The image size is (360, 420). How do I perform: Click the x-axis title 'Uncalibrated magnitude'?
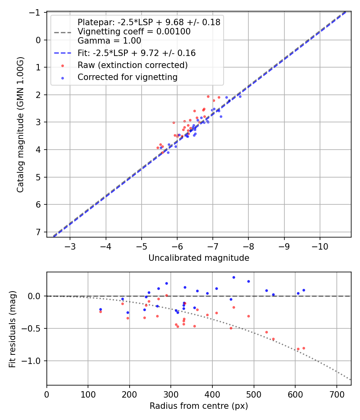pyautogui.click(x=199, y=258)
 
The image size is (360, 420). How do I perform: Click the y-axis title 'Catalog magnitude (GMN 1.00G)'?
pyautogui.click(x=20, y=125)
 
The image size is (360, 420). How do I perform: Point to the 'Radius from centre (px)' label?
pyautogui.click(x=199, y=406)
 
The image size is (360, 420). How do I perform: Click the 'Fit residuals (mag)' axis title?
pyautogui.click(x=12, y=328)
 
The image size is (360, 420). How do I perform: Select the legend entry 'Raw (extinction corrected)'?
pyautogui.click(x=132, y=65)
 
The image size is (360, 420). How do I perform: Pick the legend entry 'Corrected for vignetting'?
pyautogui.click(x=128, y=77)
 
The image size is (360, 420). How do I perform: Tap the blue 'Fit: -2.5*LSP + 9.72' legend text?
pyautogui.click(x=136, y=53)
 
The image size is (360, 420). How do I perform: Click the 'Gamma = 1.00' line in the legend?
pyautogui.click(x=109, y=40)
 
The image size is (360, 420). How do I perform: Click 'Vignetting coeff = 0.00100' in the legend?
pyautogui.click(x=134, y=31)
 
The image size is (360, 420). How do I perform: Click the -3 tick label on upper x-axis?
pyautogui.click(x=70, y=245)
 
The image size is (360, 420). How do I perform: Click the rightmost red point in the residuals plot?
pyautogui.click(x=304, y=348)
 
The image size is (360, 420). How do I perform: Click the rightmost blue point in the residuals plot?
pyautogui.click(x=304, y=290)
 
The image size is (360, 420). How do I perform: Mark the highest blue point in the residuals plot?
pyautogui.click(x=234, y=277)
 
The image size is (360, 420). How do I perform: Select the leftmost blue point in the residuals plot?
pyautogui.click(x=100, y=309)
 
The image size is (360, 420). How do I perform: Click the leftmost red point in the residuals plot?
pyautogui.click(x=100, y=312)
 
